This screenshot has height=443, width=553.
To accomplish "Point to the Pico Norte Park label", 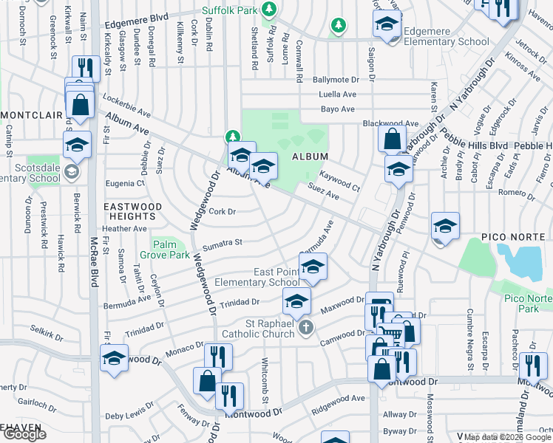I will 528,303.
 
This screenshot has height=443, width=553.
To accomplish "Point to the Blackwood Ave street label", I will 390,123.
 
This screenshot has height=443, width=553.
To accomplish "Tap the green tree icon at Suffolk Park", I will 270,9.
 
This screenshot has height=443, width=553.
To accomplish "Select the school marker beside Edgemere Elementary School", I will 387,26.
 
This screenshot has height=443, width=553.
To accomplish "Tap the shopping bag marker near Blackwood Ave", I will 392,138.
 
